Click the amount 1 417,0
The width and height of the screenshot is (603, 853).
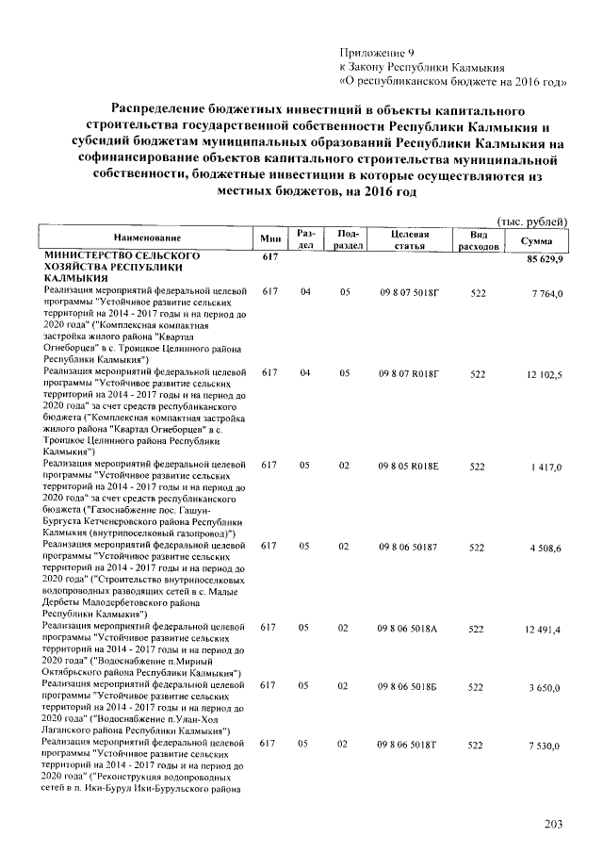[x=546, y=467]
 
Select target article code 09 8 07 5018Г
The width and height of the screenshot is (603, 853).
[x=409, y=294]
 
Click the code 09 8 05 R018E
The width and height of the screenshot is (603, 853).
[x=409, y=467]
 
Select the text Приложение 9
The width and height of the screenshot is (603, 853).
[x=376, y=53]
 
